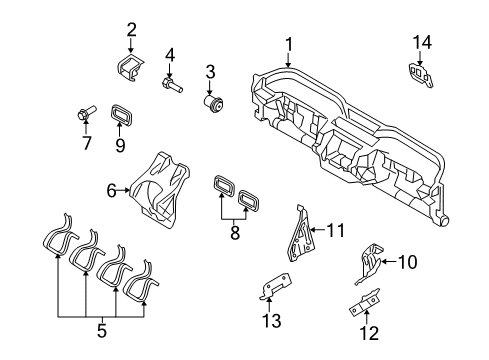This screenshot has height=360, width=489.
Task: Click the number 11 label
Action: pyautogui.click(x=336, y=230)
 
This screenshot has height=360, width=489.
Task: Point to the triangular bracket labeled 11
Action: pyautogui.click(x=303, y=233)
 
